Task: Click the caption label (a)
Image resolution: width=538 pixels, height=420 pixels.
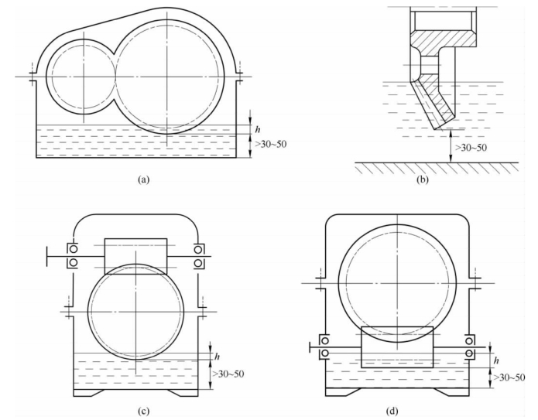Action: (x=143, y=179)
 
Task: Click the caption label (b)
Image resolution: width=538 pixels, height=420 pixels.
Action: (x=423, y=179)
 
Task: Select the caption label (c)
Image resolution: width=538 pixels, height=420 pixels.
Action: (x=143, y=411)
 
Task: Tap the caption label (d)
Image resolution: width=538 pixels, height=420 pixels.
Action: (x=392, y=411)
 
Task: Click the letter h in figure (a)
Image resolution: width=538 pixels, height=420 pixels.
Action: (x=258, y=129)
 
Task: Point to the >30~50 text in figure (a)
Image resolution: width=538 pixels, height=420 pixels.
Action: (x=270, y=144)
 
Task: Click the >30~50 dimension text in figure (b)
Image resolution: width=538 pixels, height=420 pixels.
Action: (x=471, y=148)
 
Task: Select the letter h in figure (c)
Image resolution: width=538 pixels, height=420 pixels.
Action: (x=217, y=357)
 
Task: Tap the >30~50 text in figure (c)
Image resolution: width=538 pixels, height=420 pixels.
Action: (x=228, y=374)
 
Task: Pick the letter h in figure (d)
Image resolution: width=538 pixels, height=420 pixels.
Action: (x=496, y=360)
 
